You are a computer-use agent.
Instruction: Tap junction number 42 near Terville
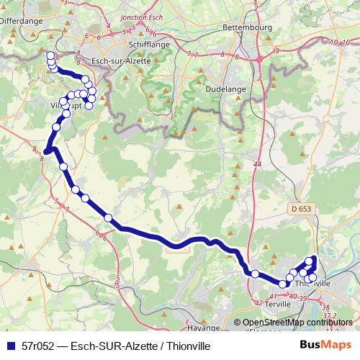pyautogui.click(x=258, y=303)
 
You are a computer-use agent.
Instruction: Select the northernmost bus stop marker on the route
pyautogui.click(x=50, y=55)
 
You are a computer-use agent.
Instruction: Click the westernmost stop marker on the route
pyautogui.click(x=44, y=150)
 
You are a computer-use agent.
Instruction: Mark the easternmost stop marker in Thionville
pyautogui.click(x=312, y=277)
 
